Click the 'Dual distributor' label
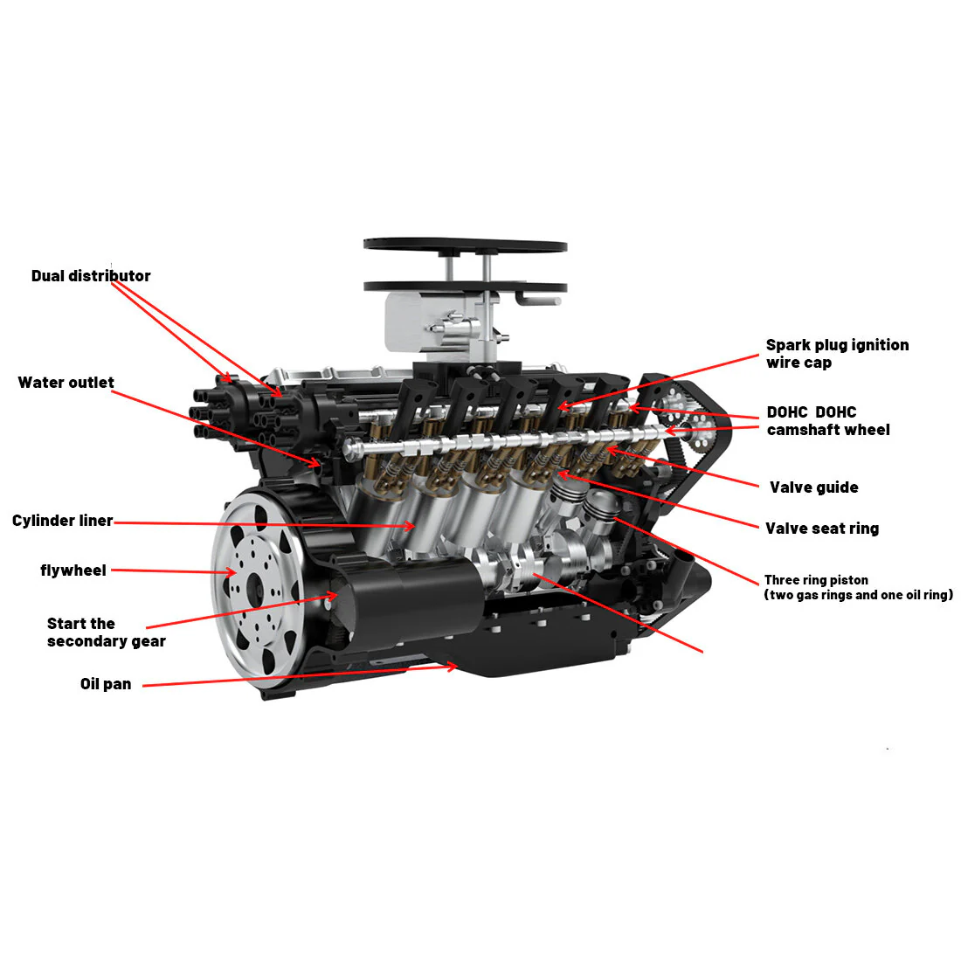(x=91, y=276)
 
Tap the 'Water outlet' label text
(x=66, y=383)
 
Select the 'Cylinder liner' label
(x=63, y=521)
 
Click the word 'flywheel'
(x=73, y=570)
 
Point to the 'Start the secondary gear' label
(x=106, y=633)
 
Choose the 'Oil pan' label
(x=106, y=684)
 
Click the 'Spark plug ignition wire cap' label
(x=836, y=354)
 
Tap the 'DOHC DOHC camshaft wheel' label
(x=827, y=421)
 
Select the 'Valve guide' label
(x=813, y=487)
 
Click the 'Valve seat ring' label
(x=821, y=529)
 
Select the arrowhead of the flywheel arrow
(x=231, y=573)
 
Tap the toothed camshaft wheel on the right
(x=699, y=429)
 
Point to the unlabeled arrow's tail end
(x=702, y=652)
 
